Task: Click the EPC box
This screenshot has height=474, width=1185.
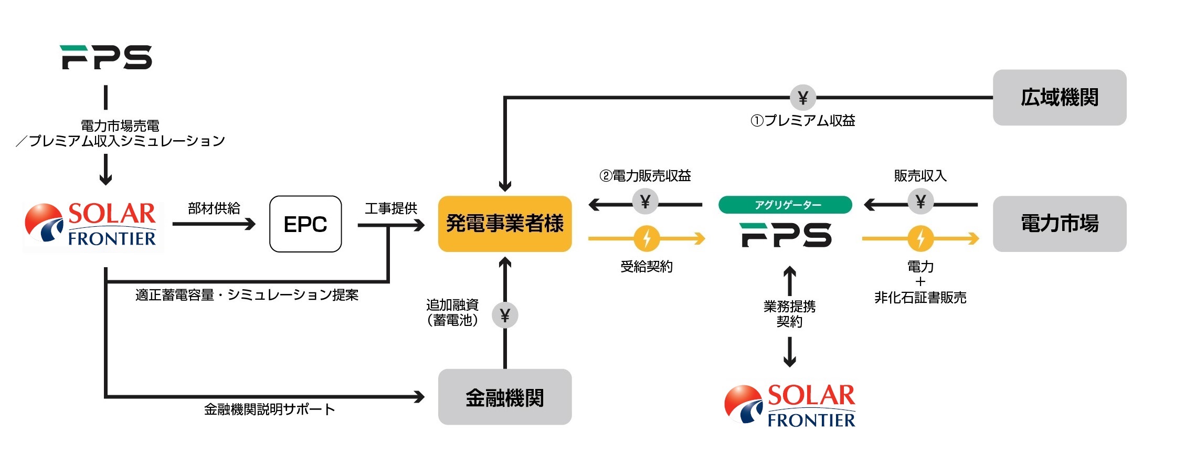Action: coord(305,224)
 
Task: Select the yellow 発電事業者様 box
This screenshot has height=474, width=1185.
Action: coord(505,224)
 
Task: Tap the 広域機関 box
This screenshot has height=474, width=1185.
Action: coord(1060,98)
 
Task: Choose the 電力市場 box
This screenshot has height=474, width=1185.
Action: coord(1060,224)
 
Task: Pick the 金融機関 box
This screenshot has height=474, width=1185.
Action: coord(505,397)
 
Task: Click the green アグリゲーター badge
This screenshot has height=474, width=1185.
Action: coord(785,205)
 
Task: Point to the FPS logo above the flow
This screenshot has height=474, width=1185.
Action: coord(106,57)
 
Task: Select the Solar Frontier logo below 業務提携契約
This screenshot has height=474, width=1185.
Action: coord(790,405)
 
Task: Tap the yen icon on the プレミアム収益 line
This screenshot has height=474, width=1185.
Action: coord(802,98)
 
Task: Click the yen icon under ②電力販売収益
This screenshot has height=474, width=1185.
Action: coord(645,202)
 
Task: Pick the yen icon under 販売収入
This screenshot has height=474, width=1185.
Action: coord(921,202)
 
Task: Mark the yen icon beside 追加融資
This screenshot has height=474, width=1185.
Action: coord(505,315)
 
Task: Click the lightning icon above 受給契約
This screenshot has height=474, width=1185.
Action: coord(647,239)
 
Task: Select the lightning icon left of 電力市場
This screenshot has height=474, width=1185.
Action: coord(921,239)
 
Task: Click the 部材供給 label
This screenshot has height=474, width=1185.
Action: coord(214,208)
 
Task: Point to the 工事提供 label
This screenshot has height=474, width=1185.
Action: coord(391,208)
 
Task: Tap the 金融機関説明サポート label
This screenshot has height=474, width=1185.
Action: coord(269,409)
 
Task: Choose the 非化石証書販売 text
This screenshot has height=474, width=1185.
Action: coord(921,298)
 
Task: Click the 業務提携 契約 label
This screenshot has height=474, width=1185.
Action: coord(790,313)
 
